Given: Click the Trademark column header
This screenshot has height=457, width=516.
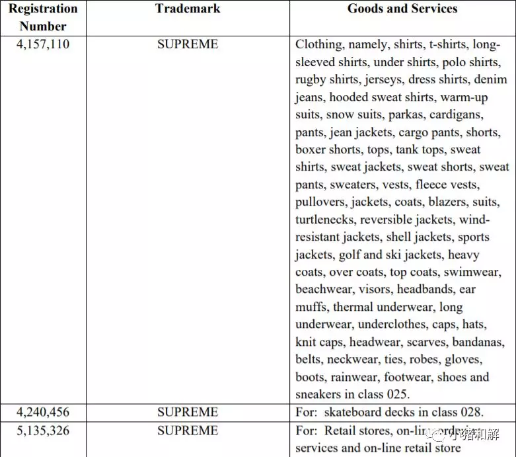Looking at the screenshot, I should pos(188,9).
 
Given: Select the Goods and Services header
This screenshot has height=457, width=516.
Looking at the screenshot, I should pos(402,9).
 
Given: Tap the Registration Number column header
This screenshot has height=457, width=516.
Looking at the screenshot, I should pos(43,17).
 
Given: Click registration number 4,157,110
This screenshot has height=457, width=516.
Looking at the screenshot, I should pos(43,45).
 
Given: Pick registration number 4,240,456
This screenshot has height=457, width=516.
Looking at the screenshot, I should pos(43,412).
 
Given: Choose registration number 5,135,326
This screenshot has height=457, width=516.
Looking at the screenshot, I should pos(43,431).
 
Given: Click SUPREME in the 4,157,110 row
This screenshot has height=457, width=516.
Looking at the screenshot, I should pos(188,45).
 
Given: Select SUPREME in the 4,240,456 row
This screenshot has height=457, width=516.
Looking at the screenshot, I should pos(188,412).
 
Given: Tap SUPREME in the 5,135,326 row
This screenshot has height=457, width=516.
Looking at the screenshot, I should pos(188,431).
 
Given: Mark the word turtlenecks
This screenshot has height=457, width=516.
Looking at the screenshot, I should pos(324,220).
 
